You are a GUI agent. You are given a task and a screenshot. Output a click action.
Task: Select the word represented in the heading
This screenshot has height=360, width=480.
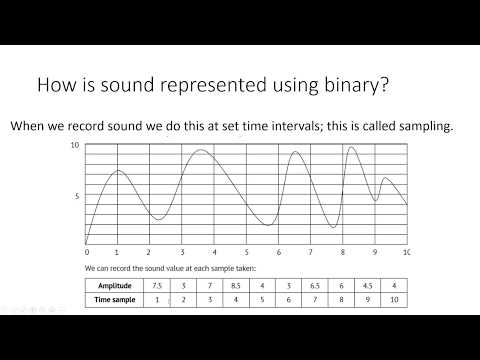174,88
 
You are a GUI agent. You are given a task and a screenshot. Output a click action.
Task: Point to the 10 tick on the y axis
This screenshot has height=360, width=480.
75,146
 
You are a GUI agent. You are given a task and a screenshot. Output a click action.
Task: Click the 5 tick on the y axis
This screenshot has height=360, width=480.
77,196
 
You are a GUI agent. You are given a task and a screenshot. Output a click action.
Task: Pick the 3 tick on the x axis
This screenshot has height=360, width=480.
183,252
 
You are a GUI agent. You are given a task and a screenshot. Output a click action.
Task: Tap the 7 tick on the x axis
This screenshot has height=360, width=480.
310,252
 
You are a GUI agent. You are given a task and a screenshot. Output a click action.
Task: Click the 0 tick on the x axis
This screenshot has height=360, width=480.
87,252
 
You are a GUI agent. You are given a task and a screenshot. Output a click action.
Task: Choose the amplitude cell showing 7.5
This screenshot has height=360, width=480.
155,285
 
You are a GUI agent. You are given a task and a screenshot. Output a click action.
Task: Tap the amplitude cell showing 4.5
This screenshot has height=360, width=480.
367,285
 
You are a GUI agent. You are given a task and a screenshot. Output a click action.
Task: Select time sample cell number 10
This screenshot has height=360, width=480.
394,299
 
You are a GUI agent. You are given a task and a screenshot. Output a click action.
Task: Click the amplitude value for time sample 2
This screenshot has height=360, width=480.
183,285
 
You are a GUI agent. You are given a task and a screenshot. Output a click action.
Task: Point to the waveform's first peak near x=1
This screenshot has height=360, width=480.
118,171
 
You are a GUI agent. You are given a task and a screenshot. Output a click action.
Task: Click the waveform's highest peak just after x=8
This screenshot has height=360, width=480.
351,148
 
